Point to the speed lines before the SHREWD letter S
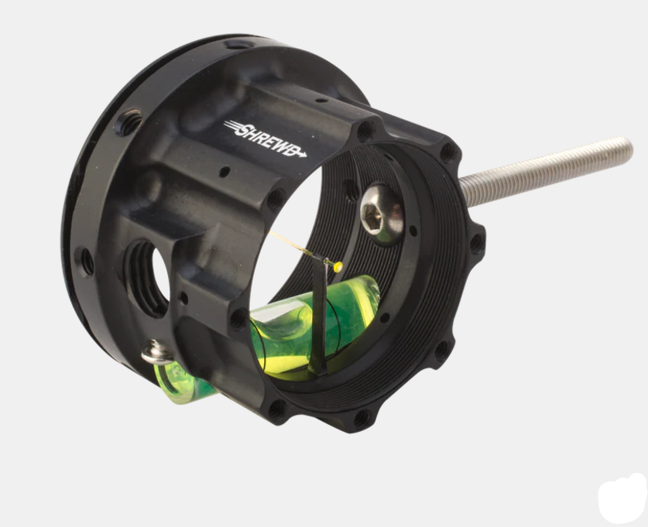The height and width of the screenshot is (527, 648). (x=231, y=125)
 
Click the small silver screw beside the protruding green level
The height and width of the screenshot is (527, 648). (x=156, y=354)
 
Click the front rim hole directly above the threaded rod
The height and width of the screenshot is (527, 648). (x=447, y=151)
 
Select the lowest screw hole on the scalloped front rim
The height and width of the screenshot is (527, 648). (x=362, y=418)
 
